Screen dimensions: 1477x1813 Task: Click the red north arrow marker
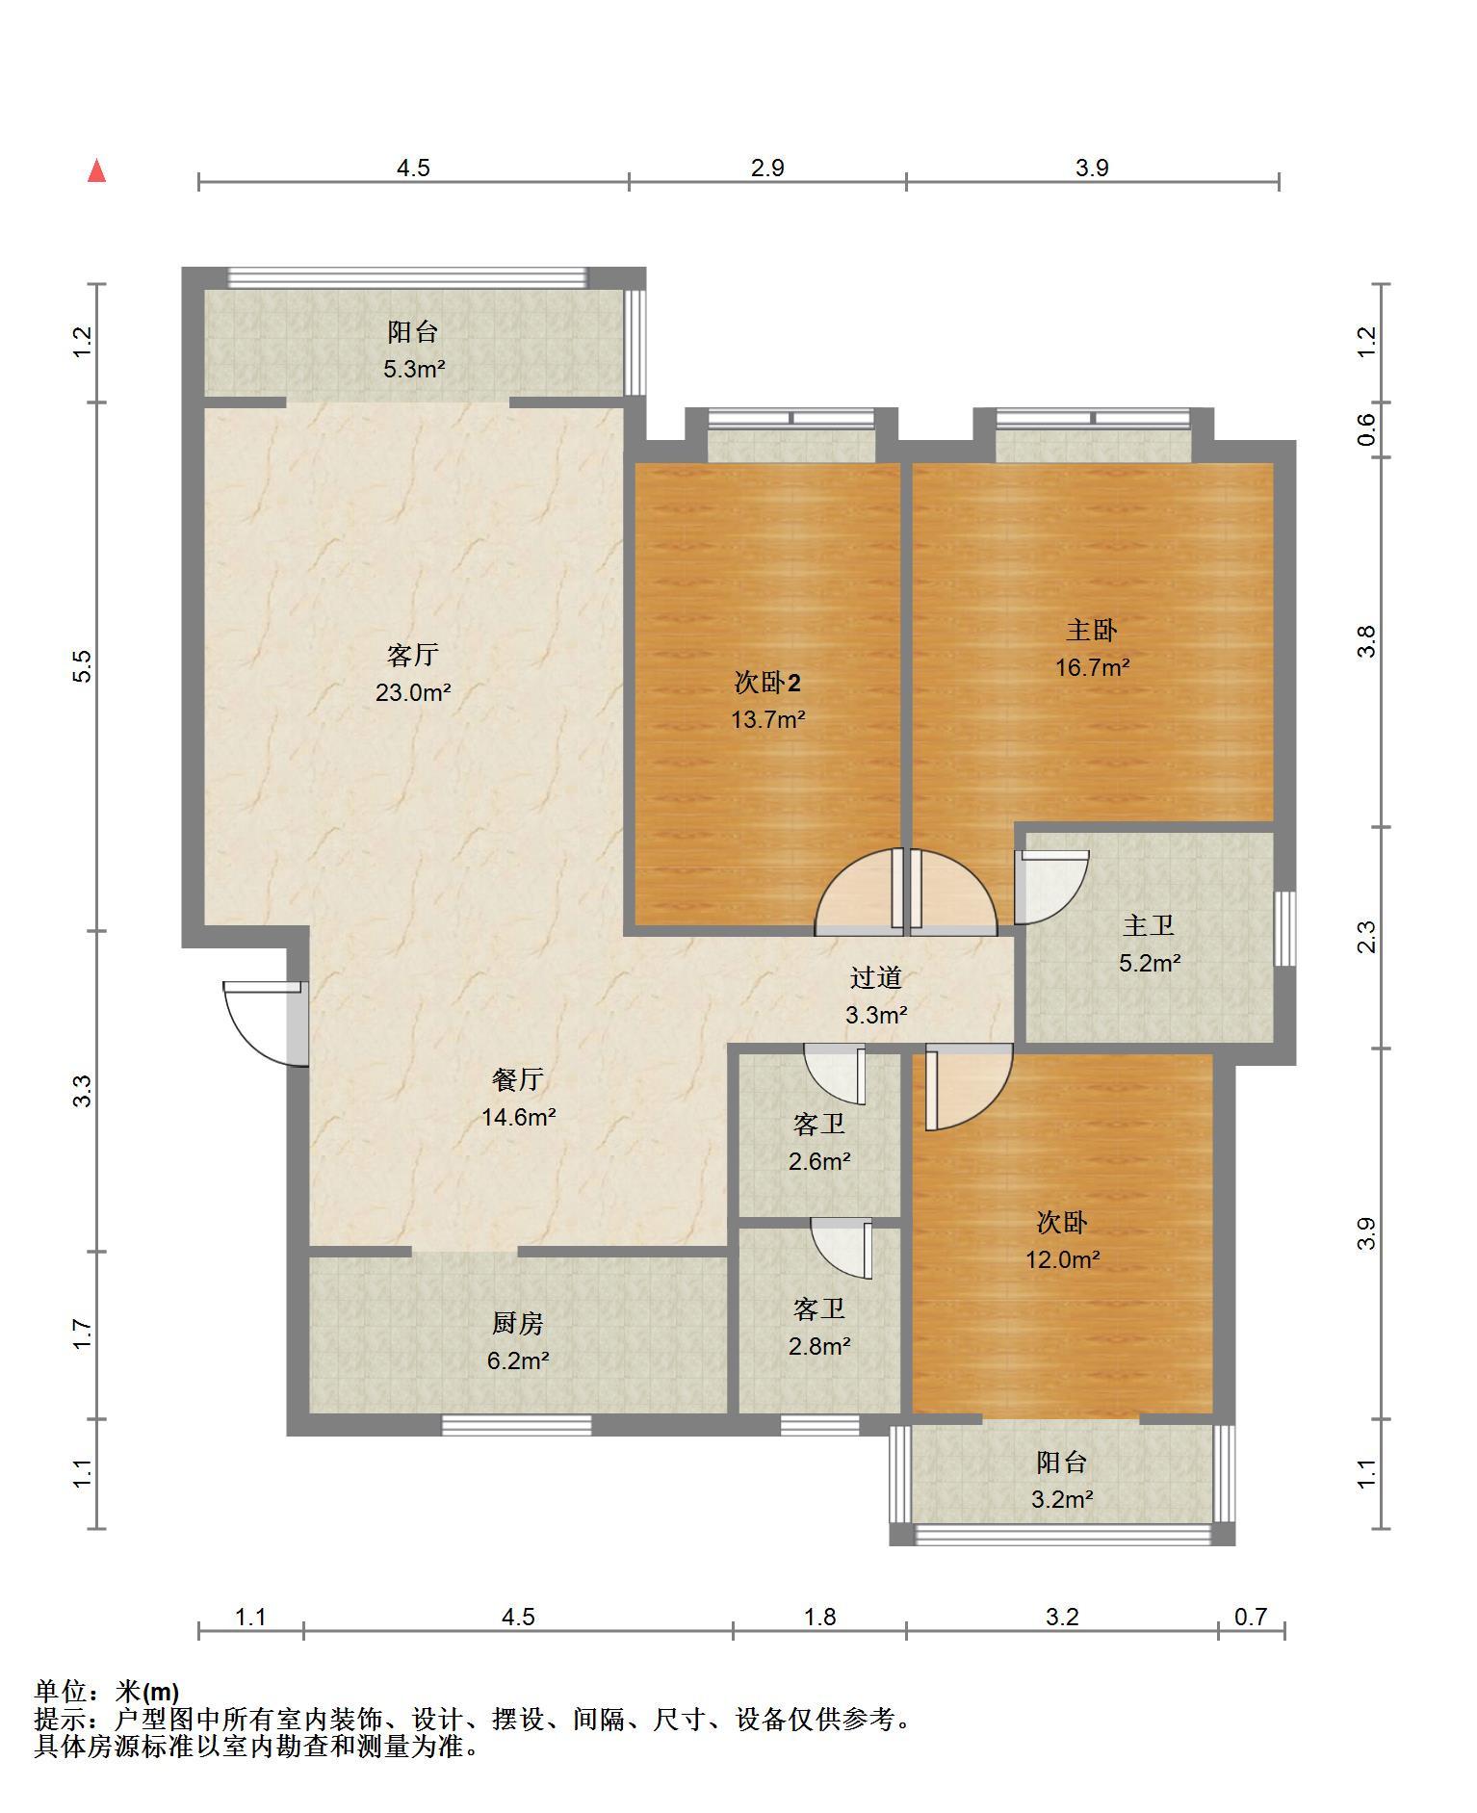coord(96,171)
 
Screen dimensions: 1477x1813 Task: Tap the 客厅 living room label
coord(413,656)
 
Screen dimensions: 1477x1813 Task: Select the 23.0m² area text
coord(413,692)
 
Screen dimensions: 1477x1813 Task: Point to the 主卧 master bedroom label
coord(1092,631)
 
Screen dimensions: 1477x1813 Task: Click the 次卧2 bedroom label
coord(767,683)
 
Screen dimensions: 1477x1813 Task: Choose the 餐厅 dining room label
coord(518,1080)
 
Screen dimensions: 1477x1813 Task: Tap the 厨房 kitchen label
coord(518,1324)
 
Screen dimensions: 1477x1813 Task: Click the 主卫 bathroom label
coord(1149,926)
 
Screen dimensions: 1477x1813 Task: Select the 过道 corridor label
coord(876,978)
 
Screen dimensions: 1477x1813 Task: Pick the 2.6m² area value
coord(819,1162)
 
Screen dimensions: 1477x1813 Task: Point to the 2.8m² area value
coord(819,1346)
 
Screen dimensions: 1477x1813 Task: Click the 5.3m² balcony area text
coord(414,369)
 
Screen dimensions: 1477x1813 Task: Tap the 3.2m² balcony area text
coord(1062,1499)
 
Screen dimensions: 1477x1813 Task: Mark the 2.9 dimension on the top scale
coord(767,168)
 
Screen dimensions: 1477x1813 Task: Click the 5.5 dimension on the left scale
coord(83,666)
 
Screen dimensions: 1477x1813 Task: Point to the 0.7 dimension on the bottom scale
coord(1251,1617)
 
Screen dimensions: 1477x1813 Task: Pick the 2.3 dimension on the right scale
coord(1366,937)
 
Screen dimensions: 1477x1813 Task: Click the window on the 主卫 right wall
coord(1284,928)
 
